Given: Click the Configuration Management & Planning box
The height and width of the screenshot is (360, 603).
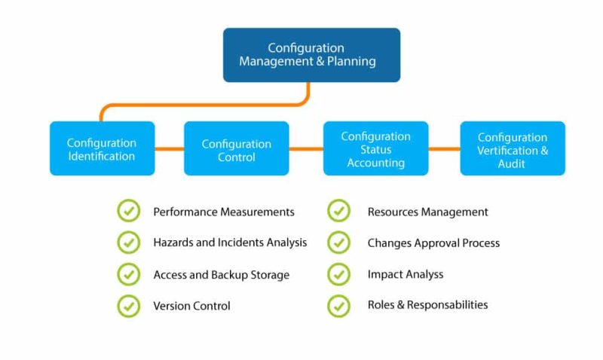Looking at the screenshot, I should pos(311,55).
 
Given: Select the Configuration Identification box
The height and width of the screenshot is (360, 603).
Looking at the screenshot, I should pos(102,148).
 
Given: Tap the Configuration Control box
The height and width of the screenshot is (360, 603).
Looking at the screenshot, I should pos(236,148).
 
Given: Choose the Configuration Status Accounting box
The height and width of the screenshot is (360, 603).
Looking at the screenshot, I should pos(375,148).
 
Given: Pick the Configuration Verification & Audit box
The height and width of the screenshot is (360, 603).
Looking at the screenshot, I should pos(513,148).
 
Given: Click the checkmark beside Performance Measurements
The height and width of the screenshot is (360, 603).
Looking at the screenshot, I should pos(129,212).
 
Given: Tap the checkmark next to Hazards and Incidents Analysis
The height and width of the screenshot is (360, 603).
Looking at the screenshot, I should pos(129,243).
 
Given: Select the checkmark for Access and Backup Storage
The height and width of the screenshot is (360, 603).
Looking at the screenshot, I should pos(129,274).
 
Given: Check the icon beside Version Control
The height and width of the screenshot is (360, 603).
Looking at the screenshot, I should pos(129,306).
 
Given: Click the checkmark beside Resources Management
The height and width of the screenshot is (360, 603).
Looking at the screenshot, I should pos(339,212).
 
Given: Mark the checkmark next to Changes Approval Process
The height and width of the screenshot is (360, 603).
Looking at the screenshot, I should pos(339,243).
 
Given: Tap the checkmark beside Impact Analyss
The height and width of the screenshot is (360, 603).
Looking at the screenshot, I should pos(339,274).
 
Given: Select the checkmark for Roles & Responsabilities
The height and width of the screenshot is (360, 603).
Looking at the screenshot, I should pos(339,305).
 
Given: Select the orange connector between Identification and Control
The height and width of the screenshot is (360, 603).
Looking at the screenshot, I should pos(170,148).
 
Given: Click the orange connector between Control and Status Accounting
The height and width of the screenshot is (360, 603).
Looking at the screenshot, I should pos(306,148).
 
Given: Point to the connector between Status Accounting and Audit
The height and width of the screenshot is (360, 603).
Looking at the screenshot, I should pos(444,148).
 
